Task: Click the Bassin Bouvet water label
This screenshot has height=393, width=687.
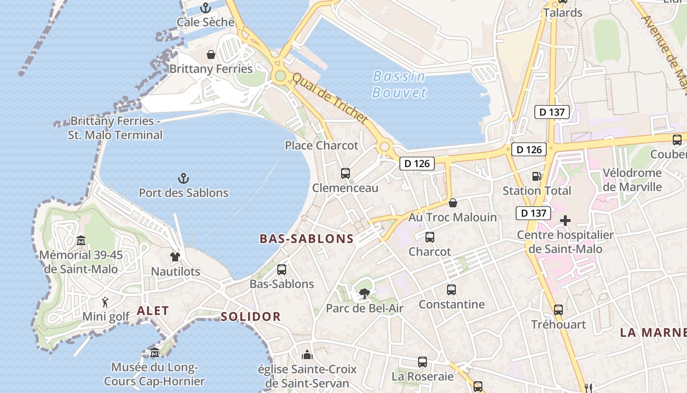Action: tap(399, 84)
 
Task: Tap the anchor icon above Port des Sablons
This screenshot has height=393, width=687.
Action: tap(184, 178)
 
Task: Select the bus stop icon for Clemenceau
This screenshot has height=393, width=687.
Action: tap(345, 173)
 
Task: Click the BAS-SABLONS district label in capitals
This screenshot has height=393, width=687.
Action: tap(306, 239)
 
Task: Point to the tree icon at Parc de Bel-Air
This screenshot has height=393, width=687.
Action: tap(364, 294)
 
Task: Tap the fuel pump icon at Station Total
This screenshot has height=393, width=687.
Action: tap(536, 176)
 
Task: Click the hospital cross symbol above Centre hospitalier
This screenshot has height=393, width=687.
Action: tap(565, 221)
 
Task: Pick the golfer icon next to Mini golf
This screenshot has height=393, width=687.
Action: tap(105, 302)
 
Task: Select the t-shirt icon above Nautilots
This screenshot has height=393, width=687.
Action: tap(175, 256)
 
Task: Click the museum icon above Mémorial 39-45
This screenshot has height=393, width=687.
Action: tap(81, 241)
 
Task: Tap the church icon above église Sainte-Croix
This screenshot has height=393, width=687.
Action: tap(307, 354)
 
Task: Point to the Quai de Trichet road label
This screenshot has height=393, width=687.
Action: tap(330, 98)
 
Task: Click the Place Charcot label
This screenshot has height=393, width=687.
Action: tap(322, 145)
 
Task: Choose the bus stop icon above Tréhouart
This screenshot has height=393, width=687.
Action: tap(558, 310)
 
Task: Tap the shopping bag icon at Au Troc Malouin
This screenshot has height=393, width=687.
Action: tap(453, 202)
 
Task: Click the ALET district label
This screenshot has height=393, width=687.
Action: tap(153, 310)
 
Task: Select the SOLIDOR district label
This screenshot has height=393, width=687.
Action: tap(251, 316)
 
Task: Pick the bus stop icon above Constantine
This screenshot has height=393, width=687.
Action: tap(451, 290)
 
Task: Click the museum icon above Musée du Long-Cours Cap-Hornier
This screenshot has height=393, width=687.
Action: tap(155, 353)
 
